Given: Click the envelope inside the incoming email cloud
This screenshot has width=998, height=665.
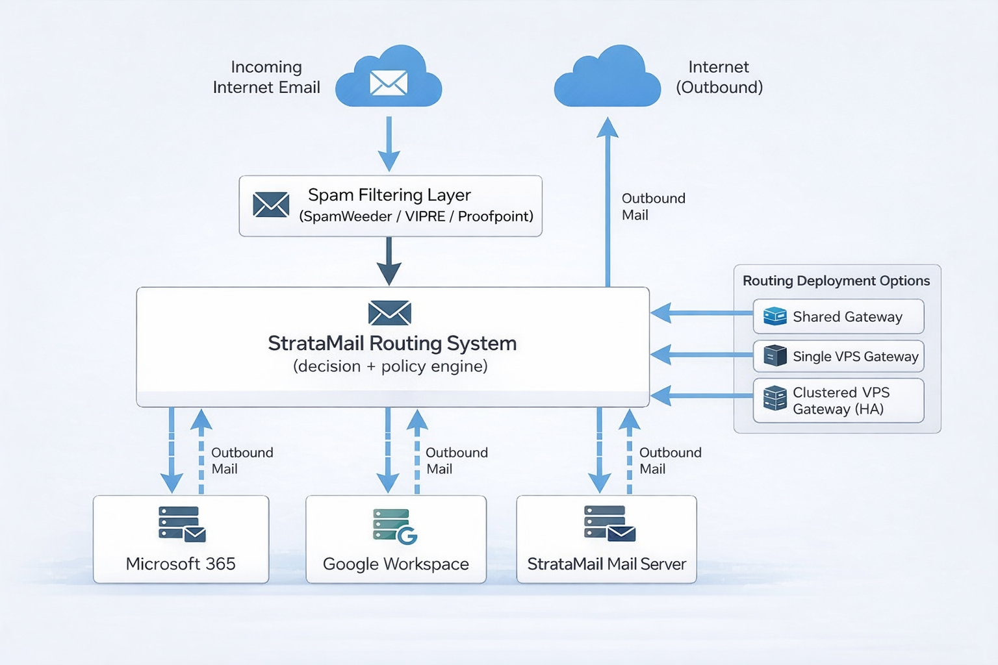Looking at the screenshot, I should click(x=389, y=82).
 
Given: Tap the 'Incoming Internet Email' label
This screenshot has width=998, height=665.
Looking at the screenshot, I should click(x=266, y=77).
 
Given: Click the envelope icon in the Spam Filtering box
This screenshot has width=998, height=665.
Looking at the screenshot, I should click(x=271, y=205).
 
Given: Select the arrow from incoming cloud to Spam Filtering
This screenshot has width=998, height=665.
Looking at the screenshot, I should click(x=389, y=144).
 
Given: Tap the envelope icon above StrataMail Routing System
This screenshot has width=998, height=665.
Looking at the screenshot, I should click(x=389, y=313).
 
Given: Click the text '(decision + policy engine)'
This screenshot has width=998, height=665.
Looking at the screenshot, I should click(x=390, y=366).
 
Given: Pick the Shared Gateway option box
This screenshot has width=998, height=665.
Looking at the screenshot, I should click(x=838, y=316).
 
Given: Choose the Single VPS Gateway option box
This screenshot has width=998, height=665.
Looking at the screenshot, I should click(x=838, y=356).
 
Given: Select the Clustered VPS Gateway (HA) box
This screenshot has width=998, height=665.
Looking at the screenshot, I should click(x=838, y=401).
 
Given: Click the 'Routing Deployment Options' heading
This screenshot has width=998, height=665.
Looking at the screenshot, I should click(x=836, y=281).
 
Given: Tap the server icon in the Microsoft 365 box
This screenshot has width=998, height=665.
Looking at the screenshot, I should click(x=181, y=523).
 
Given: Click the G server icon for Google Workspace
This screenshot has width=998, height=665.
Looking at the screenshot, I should click(x=394, y=525).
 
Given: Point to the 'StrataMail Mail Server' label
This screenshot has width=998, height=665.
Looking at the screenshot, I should click(x=606, y=564).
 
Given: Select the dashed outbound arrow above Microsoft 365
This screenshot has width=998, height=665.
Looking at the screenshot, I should click(x=201, y=451).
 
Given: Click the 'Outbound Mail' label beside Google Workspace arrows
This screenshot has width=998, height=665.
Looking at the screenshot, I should click(x=456, y=460).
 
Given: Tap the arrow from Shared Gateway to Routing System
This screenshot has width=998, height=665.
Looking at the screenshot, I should click(x=702, y=313).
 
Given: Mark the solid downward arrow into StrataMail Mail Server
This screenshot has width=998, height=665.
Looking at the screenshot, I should click(x=599, y=451).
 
